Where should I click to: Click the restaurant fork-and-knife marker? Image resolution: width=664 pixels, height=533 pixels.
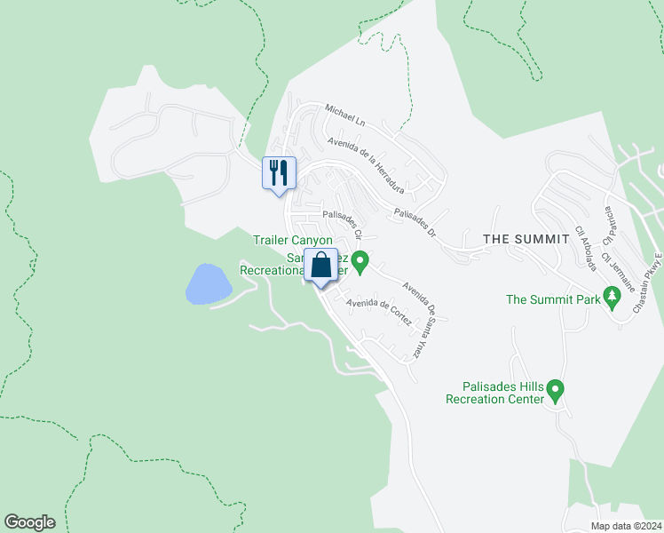point(280,172)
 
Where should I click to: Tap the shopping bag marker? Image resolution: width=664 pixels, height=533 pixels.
point(320,266)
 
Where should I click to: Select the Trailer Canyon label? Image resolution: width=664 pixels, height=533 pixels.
point(292,240)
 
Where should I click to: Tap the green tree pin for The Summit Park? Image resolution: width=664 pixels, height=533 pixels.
point(611,296)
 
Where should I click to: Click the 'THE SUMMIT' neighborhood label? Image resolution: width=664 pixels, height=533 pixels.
point(526,240)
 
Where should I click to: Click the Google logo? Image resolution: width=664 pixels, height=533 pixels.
point(29,522)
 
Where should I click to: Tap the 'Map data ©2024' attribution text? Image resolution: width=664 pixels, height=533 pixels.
point(626,526)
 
